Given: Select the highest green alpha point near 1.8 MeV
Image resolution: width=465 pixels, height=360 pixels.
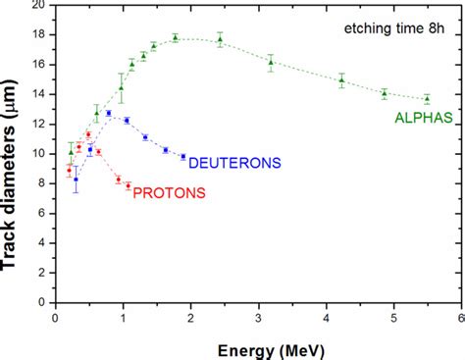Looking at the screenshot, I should tap(175, 37).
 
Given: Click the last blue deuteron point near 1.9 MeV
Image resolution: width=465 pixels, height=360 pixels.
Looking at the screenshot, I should tap(182, 156).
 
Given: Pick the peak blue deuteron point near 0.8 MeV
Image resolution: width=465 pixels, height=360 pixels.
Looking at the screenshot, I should tap(109, 113).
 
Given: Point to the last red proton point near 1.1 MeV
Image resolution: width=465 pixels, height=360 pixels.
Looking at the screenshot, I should tap(128, 185).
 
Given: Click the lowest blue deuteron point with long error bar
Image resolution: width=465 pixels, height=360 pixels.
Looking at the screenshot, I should tap(76, 180).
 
